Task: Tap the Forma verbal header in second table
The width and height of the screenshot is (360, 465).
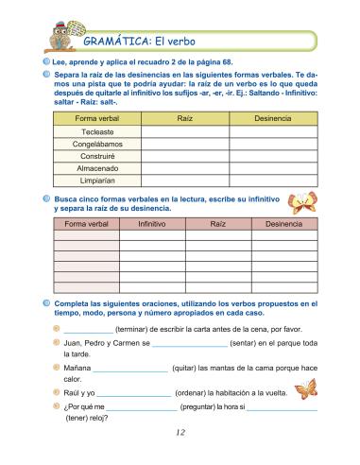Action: [87, 224]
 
